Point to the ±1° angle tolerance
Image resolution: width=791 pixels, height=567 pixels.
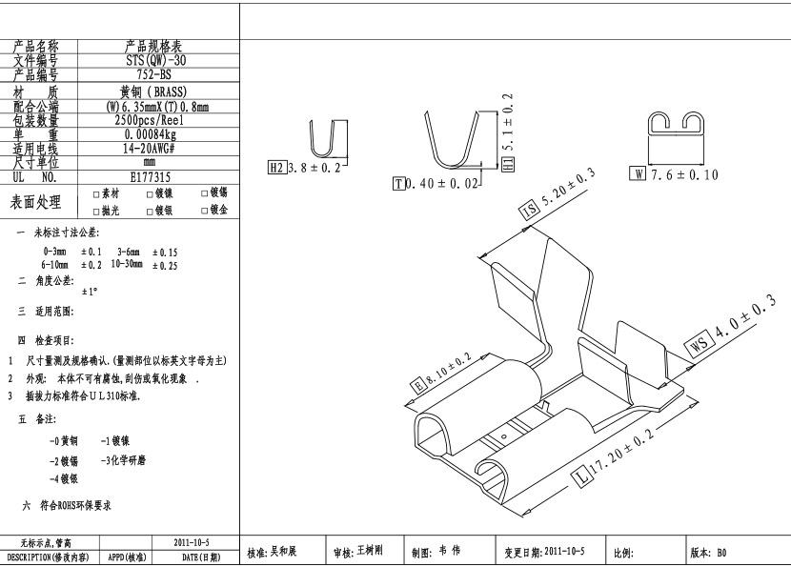[90, 292]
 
